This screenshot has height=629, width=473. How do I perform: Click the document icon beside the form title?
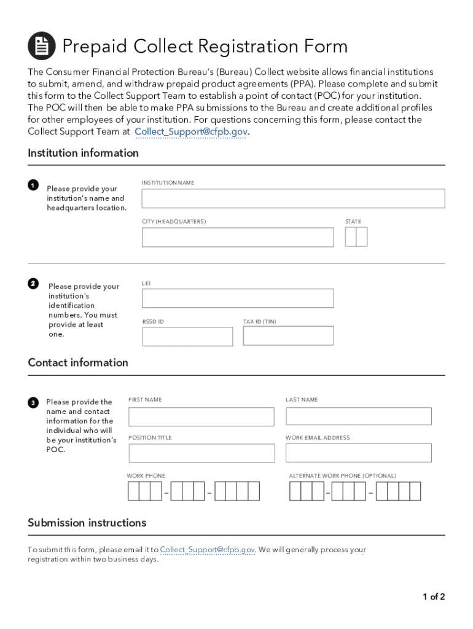42,46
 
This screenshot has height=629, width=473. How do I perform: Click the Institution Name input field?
293,198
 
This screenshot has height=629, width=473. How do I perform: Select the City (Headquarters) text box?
238,237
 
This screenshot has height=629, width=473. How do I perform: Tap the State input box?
356,237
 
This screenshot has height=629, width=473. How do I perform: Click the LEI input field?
238,299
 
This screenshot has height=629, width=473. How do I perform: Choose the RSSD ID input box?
187,337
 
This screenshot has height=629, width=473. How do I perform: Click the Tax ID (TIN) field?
288,336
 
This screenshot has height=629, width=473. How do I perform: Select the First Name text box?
201,416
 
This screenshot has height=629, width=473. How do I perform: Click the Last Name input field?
358,416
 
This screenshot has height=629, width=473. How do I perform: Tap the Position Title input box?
201,453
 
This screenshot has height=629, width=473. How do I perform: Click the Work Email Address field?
358,453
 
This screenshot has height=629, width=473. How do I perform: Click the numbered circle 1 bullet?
33,185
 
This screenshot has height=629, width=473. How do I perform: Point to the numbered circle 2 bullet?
33,283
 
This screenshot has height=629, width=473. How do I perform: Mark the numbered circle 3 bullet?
33,402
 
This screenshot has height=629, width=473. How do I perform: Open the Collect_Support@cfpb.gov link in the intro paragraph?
190,131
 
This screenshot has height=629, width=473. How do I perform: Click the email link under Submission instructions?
207,550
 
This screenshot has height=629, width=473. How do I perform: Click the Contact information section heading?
78,362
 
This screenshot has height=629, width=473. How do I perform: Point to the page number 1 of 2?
433,596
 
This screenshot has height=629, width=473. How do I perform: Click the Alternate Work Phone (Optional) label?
342,476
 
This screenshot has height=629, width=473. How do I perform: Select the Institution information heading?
83,153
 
